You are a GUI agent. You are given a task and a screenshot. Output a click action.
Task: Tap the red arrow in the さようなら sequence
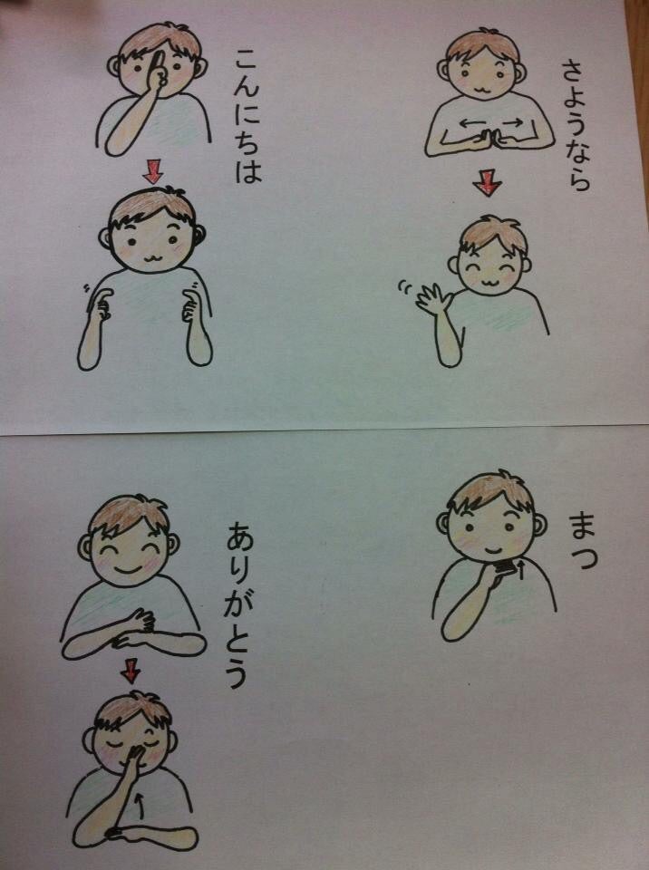(x=488, y=184)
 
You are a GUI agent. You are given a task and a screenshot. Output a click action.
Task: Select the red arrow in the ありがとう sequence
(x=131, y=671)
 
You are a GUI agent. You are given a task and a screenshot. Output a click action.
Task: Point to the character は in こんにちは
(x=247, y=169)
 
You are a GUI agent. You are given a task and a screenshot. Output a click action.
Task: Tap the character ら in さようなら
(x=578, y=178)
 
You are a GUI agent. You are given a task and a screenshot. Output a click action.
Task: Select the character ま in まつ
(x=581, y=527)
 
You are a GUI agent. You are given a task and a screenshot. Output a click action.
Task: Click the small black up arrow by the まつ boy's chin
(x=521, y=569)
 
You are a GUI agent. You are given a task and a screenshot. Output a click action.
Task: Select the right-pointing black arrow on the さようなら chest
(x=511, y=121)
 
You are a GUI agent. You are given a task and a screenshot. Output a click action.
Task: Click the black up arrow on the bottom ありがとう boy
(x=140, y=807)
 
